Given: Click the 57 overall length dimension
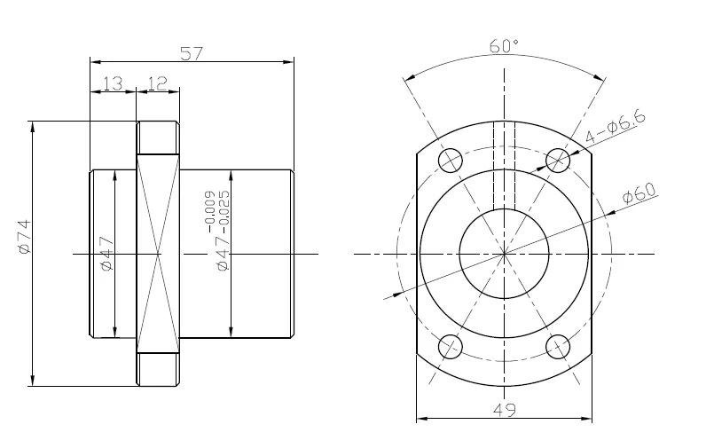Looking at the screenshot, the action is point(192,53).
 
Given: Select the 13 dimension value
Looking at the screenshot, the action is point(113,83).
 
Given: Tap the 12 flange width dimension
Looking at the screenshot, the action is point(157,83).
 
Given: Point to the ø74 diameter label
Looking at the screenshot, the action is point(25,236).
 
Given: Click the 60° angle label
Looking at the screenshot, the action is point(504,46).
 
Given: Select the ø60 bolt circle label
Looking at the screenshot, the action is point(639,193).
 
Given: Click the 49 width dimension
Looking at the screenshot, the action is point(505,410).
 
